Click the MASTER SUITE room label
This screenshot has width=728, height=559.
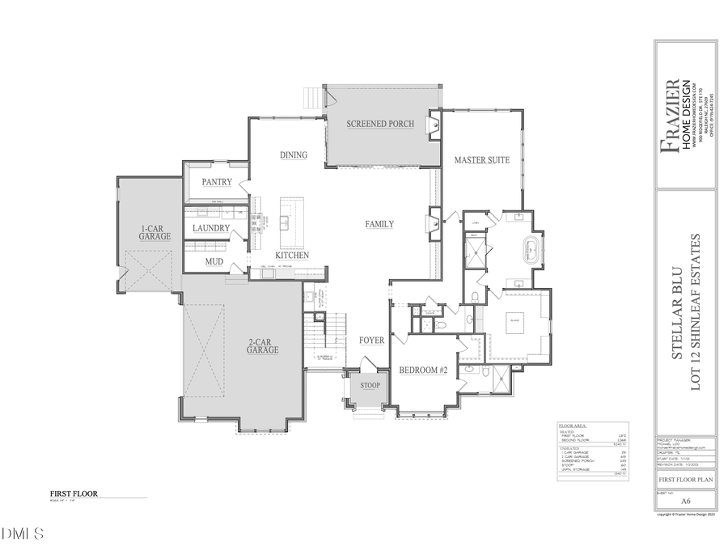coord(481,160)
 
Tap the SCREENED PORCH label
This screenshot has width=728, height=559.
coord(380,124)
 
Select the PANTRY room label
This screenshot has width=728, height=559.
coord(217,182)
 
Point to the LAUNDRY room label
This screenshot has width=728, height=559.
coord(210,228)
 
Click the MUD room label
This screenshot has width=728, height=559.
coord(214,261)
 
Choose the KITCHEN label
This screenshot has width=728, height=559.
coord(291,255)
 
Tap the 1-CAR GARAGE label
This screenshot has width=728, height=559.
coord(154,232)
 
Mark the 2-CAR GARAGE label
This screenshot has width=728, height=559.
coord(263,346)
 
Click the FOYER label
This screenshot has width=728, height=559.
coord(371,341)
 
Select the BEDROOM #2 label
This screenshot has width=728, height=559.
coord(423,370)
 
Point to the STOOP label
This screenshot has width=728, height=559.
coord(370,385)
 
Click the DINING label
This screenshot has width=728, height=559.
coord(293,155)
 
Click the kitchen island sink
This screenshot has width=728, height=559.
coord(285,220)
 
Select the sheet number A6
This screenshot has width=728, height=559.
coord(685,501)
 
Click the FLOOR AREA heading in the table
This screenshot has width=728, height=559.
coord(574,425)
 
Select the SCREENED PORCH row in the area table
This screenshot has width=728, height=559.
coord(577,459)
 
